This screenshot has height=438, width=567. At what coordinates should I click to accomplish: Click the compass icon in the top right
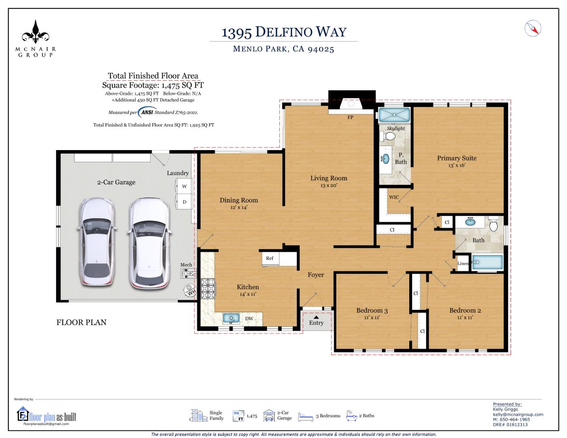point(533,28)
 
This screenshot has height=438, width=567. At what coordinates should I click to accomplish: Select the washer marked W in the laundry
point(184,187)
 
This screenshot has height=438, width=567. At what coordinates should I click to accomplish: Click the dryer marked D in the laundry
point(184,202)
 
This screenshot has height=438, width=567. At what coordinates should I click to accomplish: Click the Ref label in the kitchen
point(270,258)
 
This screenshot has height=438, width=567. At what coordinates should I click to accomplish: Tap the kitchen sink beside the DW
point(231,318)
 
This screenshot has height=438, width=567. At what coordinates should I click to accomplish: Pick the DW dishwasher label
point(249,318)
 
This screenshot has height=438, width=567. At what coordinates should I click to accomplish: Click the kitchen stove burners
point(208,289)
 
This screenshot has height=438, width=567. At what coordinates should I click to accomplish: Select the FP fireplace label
point(350,117)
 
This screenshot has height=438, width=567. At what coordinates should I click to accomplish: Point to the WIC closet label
point(394,198)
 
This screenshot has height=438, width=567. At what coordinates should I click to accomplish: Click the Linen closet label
point(463,264)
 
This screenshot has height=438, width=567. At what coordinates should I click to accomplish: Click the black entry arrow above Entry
point(316,317)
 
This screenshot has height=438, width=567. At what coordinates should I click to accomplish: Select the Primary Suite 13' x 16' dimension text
point(457,165)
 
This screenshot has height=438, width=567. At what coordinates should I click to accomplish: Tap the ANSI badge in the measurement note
point(146,112)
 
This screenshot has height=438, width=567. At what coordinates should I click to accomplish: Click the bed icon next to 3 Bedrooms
point(306,416)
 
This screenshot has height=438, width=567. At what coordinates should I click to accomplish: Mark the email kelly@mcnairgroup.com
point(518,414)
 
